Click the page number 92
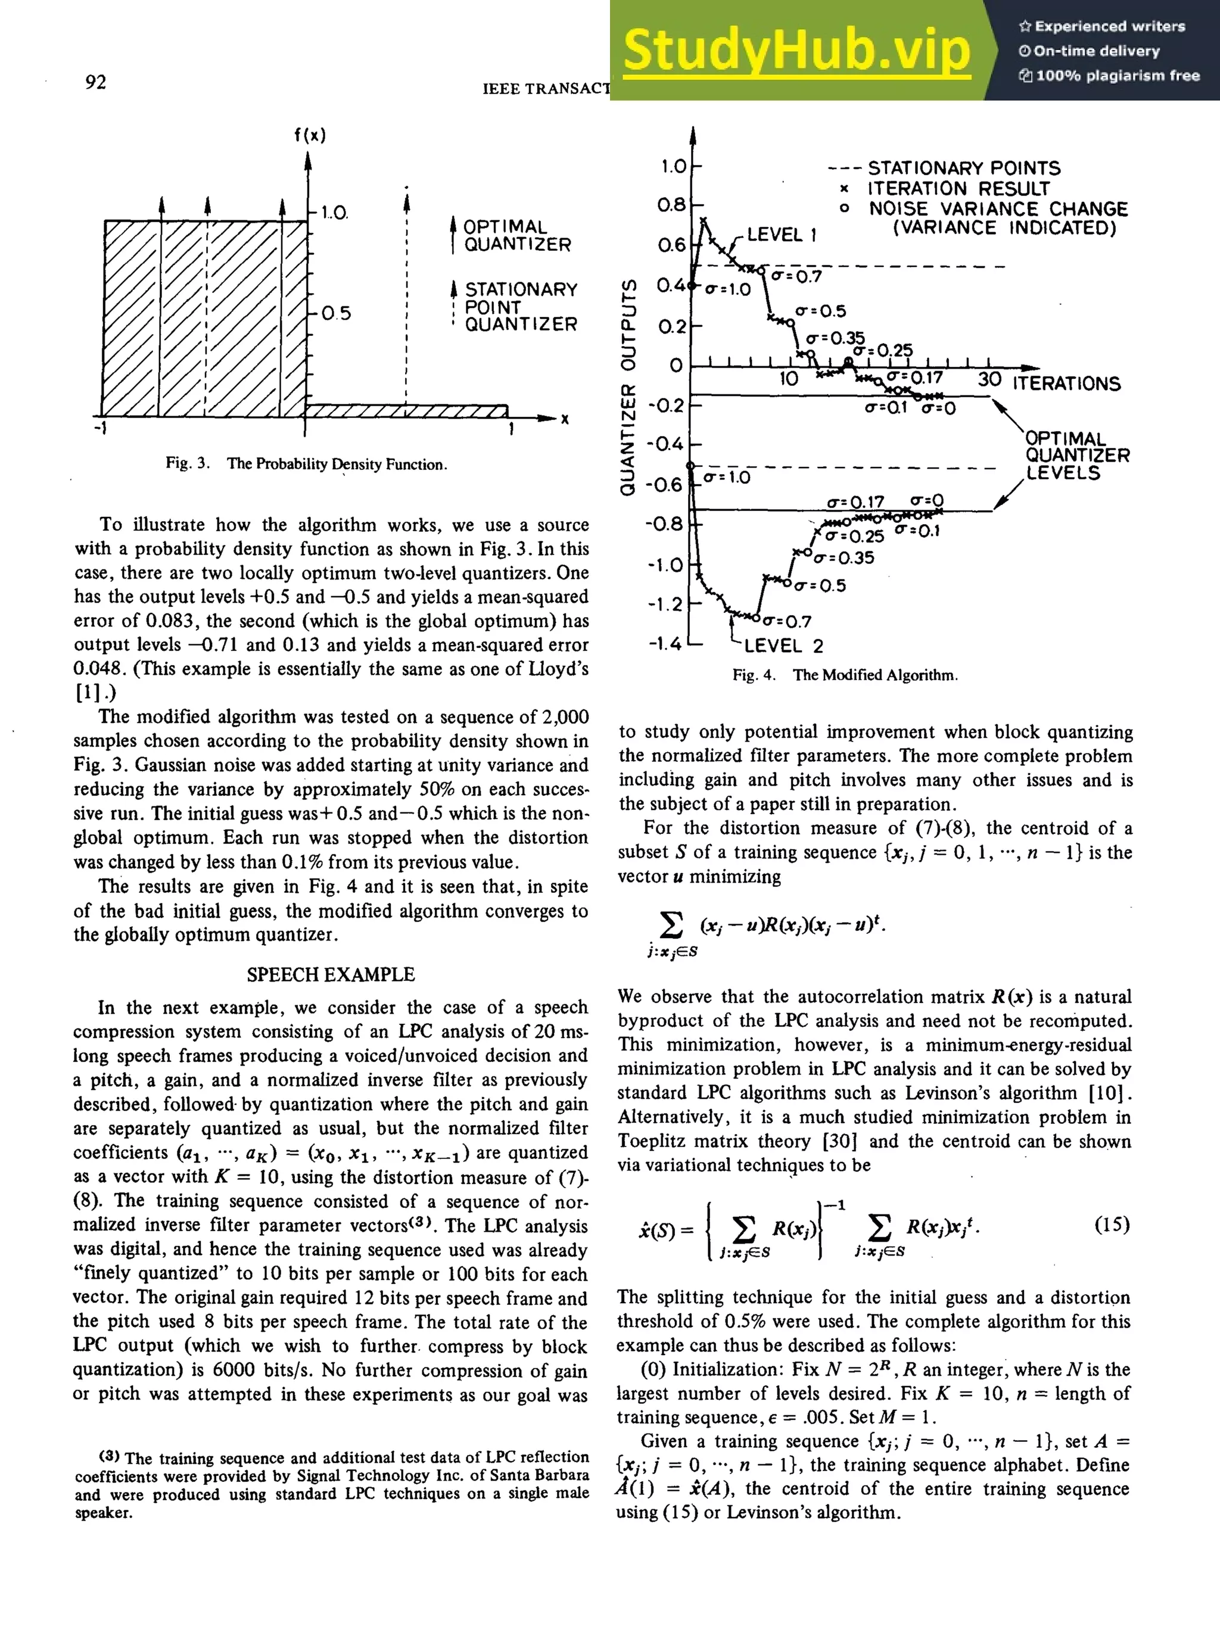(96, 82)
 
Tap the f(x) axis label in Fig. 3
(309, 135)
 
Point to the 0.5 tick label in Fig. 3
(336, 314)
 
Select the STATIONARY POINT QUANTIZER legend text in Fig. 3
(520, 306)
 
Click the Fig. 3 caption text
(306, 464)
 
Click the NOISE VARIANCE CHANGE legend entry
(997, 209)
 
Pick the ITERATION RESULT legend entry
(958, 189)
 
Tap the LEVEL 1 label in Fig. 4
(782, 235)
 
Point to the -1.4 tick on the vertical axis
(665, 644)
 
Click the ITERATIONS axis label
(1066, 383)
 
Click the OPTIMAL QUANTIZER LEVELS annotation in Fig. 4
(1076, 456)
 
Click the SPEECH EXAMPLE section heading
(331, 974)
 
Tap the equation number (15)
(1111, 1225)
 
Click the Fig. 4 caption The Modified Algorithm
(845, 675)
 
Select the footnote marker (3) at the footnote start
(109, 1457)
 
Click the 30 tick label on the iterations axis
(989, 379)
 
